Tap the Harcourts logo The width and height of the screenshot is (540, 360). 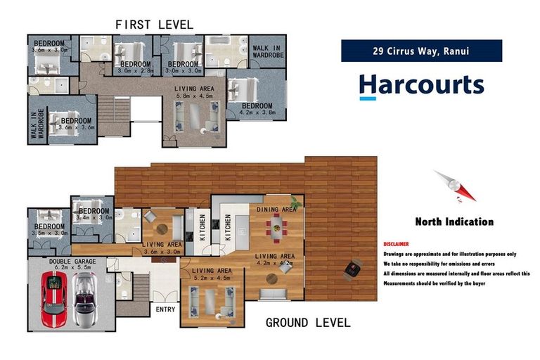point(420,85)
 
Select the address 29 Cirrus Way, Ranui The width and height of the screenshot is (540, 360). point(421,51)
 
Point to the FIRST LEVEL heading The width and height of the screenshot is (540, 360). point(154,25)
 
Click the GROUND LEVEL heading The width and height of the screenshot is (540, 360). point(307,323)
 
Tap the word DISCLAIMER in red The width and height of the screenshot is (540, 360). point(396,243)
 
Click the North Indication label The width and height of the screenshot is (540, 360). point(454,221)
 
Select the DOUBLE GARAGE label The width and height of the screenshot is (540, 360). point(70,261)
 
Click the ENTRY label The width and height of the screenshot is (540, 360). point(165,309)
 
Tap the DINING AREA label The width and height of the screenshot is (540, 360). point(276,209)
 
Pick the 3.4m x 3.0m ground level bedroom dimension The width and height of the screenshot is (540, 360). point(93,218)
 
